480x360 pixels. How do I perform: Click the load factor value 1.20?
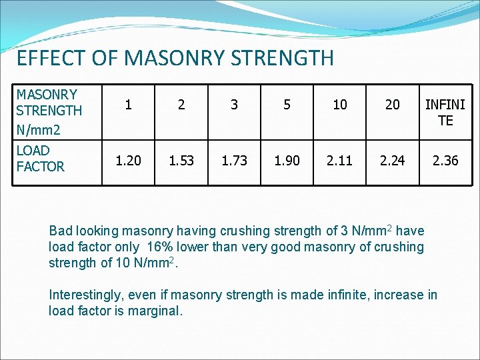[x=128, y=160]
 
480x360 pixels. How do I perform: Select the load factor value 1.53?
[x=181, y=160]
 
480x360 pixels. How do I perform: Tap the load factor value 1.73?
[x=234, y=160]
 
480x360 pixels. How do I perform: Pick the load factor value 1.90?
[x=287, y=160]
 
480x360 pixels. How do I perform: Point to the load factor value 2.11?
[x=340, y=160]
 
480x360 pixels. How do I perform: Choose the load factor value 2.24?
[x=393, y=160]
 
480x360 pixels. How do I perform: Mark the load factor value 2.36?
[x=445, y=160]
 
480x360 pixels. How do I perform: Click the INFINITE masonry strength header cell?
[x=445, y=112]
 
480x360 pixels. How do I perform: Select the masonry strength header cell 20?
[x=393, y=105]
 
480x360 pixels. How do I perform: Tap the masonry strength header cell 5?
[x=287, y=105]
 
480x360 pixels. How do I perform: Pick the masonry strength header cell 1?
[x=128, y=105]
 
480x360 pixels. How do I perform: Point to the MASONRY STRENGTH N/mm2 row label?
[x=49, y=111]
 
